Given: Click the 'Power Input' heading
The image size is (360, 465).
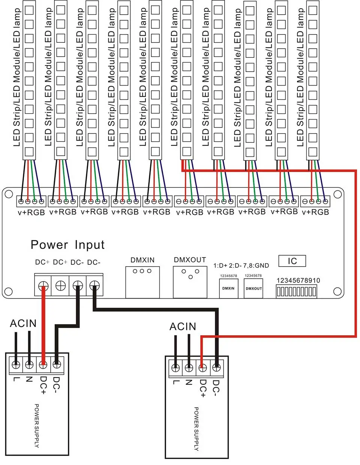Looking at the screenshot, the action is [x=67, y=245].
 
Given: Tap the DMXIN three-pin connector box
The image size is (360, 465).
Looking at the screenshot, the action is [x=142, y=282].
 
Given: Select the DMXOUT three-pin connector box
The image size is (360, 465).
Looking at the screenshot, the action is [x=190, y=282].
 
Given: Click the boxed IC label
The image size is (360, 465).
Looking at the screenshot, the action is [x=292, y=261].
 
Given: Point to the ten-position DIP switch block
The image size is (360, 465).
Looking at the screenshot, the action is [x=297, y=291].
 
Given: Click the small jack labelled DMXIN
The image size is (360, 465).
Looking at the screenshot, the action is [x=229, y=288].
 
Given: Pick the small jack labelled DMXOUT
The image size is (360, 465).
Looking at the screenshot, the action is [x=253, y=288].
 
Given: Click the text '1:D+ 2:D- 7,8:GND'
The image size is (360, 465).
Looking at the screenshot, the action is [x=241, y=265].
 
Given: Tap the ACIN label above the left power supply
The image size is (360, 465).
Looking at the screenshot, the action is [x=23, y=323].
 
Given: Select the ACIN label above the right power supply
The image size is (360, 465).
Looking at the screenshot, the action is [x=183, y=327].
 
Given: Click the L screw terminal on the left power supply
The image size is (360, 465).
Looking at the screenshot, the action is [x=16, y=364].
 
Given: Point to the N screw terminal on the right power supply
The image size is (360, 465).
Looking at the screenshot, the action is [x=189, y=367].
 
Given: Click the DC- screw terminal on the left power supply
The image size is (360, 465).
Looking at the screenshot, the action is [x=57, y=364].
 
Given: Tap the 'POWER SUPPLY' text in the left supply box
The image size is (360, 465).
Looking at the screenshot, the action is [x=37, y=426].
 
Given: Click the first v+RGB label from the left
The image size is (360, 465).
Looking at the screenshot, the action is [x=31, y=213].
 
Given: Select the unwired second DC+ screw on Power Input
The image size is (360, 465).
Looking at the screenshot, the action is [x=60, y=285].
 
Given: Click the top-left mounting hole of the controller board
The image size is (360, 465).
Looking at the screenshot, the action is [x=9, y=194].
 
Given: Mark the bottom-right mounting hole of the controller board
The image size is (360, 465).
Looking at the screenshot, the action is [x=337, y=291].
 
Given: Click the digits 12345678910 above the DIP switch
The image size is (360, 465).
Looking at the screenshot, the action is [x=298, y=280].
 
